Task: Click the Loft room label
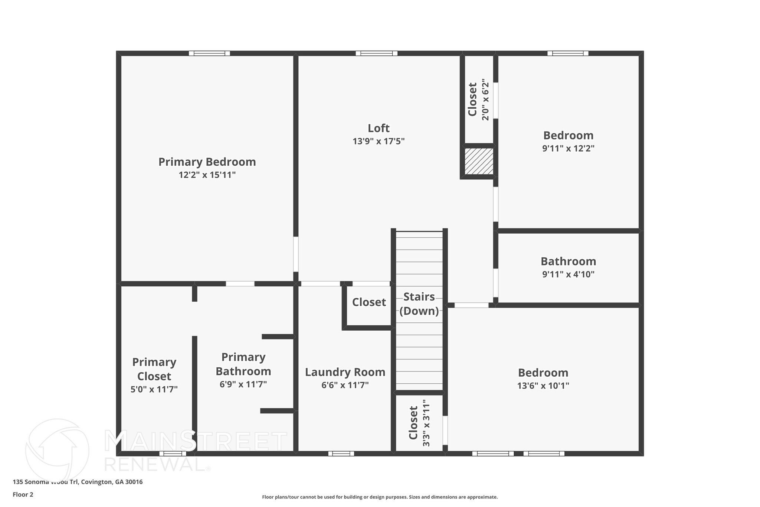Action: point(379,128)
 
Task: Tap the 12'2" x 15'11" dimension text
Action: point(207,175)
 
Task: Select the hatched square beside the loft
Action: point(479,161)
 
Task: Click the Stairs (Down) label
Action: point(419,304)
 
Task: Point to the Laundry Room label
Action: point(345,372)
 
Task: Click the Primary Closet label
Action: point(154,369)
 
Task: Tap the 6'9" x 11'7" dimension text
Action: point(243,384)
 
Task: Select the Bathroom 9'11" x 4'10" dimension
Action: point(568,274)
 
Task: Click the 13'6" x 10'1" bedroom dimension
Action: point(543,386)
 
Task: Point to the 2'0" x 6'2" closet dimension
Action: point(485,100)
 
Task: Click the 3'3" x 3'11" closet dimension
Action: point(426,423)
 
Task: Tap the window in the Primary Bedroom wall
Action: point(209,53)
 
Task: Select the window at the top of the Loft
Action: point(376,53)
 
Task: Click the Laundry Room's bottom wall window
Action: point(341,454)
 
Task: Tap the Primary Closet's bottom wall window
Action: point(173,454)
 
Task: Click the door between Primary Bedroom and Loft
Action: point(296,254)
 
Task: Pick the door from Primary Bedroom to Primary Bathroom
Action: point(240,284)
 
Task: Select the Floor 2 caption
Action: point(23,495)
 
